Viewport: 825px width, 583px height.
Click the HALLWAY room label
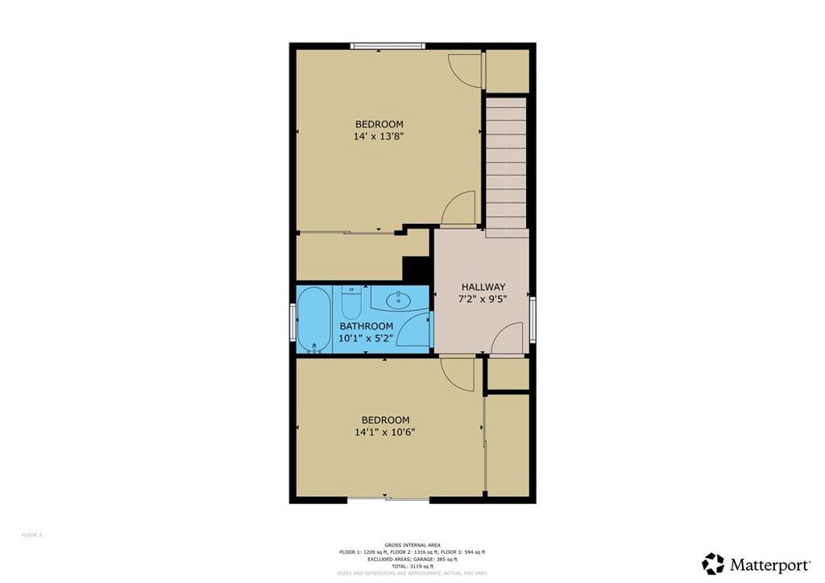click(483, 287)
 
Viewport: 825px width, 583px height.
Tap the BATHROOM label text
click(366, 326)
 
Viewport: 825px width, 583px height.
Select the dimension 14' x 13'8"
click(378, 137)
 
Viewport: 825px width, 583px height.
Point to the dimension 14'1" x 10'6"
click(385, 432)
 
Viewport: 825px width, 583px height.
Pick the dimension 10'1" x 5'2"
click(366, 338)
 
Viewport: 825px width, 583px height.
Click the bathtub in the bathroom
click(313, 320)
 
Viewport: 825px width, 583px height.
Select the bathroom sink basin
click(399, 300)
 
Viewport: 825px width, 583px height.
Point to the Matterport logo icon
click(712, 563)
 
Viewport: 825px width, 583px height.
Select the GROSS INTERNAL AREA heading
click(412, 545)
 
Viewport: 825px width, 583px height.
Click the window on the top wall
click(387, 46)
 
